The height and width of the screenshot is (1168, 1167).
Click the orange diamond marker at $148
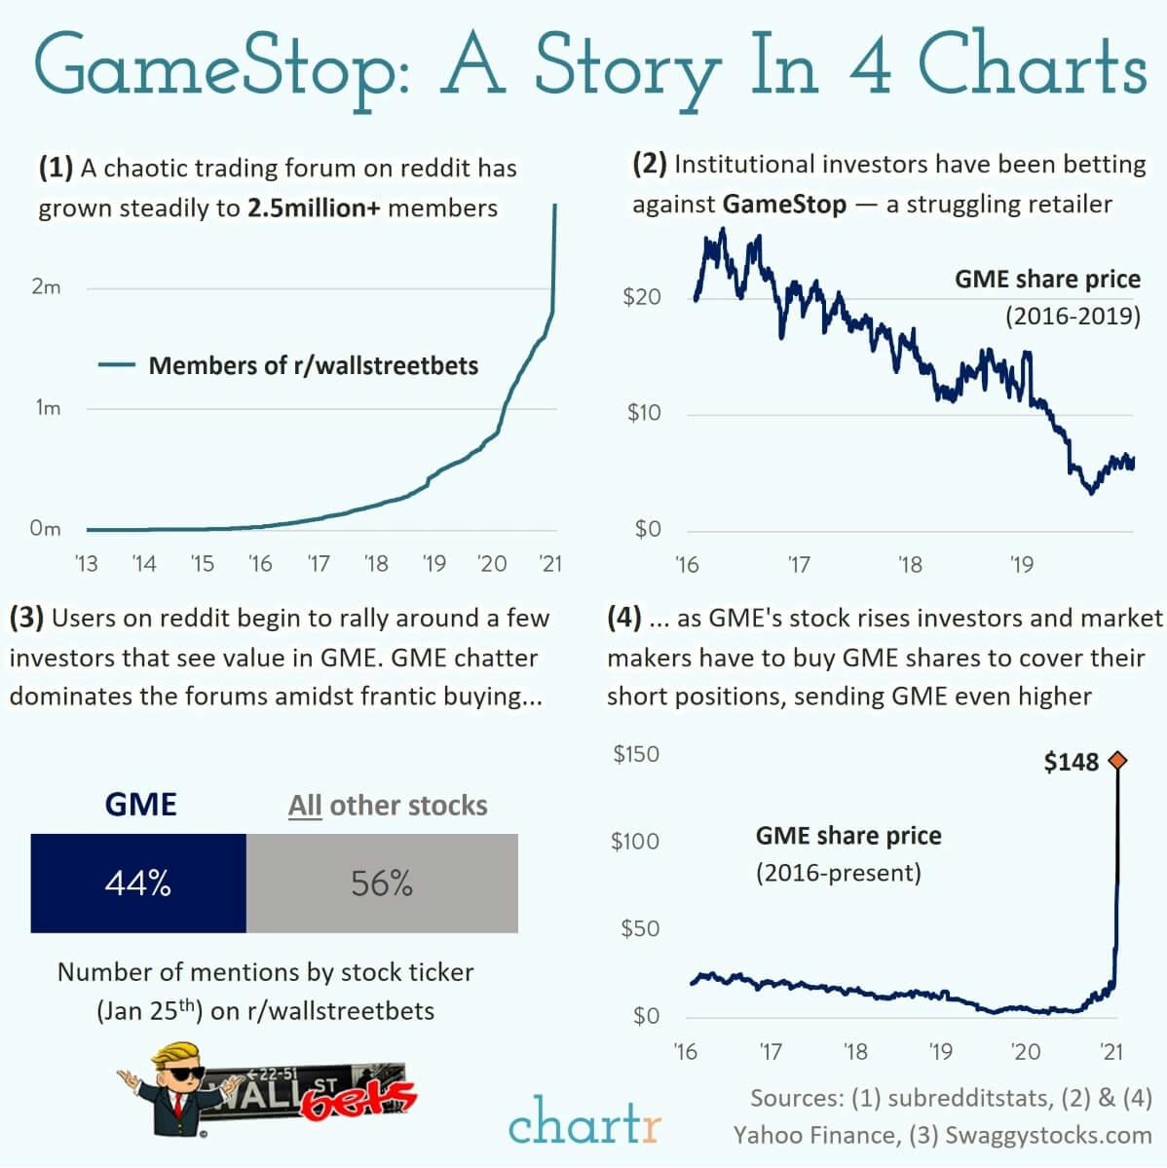click(1117, 761)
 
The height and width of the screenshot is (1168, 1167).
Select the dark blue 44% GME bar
click(138, 883)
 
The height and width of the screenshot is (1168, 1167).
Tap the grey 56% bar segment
click(382, 883)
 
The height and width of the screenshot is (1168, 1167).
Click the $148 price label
click(1071, 762)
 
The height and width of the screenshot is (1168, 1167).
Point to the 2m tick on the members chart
click(46, 287)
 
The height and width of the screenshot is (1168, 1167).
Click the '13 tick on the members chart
click(87, 564)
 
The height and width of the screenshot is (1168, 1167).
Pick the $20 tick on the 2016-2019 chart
click(642, 297)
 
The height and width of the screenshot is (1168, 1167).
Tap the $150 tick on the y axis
click(636, 754)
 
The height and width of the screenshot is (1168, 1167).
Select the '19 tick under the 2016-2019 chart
click(1021, 565)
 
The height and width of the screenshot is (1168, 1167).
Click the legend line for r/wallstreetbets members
click(117, 365)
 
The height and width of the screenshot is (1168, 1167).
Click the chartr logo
click(583, 1122)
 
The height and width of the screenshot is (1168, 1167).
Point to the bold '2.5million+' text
click(314, 208)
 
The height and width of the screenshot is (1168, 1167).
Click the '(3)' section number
click(26, 618)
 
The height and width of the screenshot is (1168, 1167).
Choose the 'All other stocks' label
click(388, 806)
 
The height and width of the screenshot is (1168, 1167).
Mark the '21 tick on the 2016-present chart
click(1111, 1052)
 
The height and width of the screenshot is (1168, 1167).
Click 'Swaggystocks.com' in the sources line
click(1048, 1135)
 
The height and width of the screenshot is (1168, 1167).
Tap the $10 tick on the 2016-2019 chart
click(643, 413)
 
